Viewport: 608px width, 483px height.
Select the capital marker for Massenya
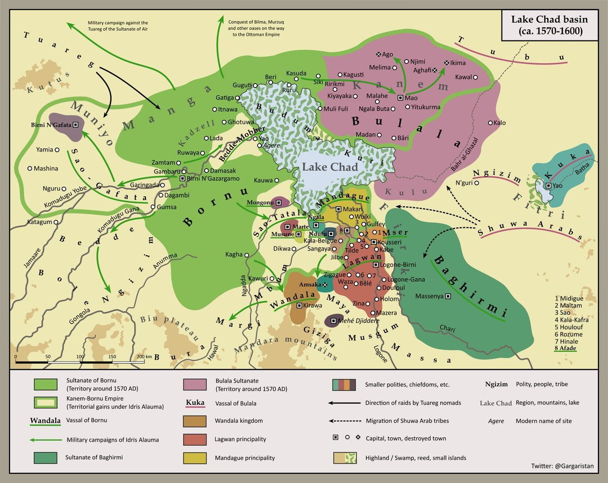(448, 296)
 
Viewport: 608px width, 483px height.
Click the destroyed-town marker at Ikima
(446, 63)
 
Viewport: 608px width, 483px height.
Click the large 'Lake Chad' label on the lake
(330, 167)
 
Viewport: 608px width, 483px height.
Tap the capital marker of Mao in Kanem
(400, 97)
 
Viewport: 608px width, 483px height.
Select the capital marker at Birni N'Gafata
(75, 125)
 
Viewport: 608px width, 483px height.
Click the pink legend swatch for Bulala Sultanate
(196, 385)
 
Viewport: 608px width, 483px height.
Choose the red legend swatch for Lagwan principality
(196, 439)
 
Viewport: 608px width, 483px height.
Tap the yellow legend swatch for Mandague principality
(196, 458)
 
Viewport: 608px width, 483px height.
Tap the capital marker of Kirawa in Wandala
(299, 305)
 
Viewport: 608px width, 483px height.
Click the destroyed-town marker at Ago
(378, 54)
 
